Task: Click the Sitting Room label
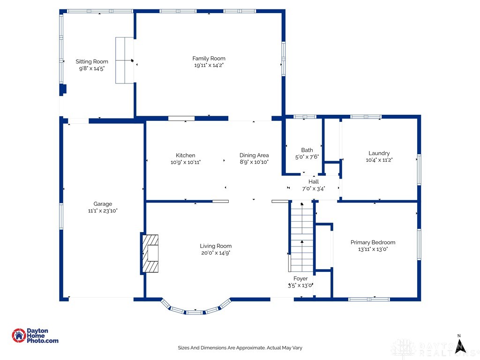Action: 92,61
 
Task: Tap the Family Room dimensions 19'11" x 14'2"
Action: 209,65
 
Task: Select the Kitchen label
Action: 186,155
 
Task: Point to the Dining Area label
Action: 254,155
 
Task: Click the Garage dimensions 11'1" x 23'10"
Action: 103,210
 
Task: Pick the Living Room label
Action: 216,246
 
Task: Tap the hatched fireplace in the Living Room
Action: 150,254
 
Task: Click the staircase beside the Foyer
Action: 302,236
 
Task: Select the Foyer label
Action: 300,278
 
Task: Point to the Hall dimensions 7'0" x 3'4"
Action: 314,188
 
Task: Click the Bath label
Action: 307,150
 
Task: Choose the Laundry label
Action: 379,153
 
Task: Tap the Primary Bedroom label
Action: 373,242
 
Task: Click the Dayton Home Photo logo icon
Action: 19,336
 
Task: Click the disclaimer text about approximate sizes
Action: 240,348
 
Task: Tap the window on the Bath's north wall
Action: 305,117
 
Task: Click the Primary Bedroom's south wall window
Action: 369,299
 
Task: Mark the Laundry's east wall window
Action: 419,170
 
